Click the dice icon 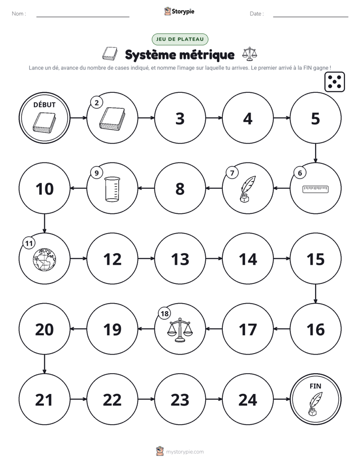pyautogui.click(x=334, y=82)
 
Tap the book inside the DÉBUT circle pyautogui.click(x=44, y=123)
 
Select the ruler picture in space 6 pyautogui.click(x=316, y=189)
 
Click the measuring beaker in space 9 pyautogui.click(x=112, y=189)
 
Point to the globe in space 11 pyautogui.click(x=44, y=259)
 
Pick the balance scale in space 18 pyautogui.click(x=180, y=330)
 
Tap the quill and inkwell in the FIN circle pyautogui.click(x=315, y=403)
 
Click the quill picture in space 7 pyautogui.click(x=248, y=189)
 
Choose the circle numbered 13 pyautogui.click(x=180, y=259)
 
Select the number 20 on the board pyautogui.click(x=44, y=329)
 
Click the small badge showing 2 pyautogui.click(x=96, y=103)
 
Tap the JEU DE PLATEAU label pyautogui.click(x=180, y=39)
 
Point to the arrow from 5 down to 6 pyautogui.click(x=316, y=153)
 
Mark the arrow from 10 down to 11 pyautogui.click(x=44, y=223)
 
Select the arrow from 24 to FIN pyautogui.click(x=281, y=399)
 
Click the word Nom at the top pyautogui.click(x=18, y=14)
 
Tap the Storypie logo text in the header pyautogui.click(x=183, y=11)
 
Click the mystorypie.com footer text pyautogui.click(x=185, y=452)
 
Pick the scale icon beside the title pyautogui.click(x=250, y=53)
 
